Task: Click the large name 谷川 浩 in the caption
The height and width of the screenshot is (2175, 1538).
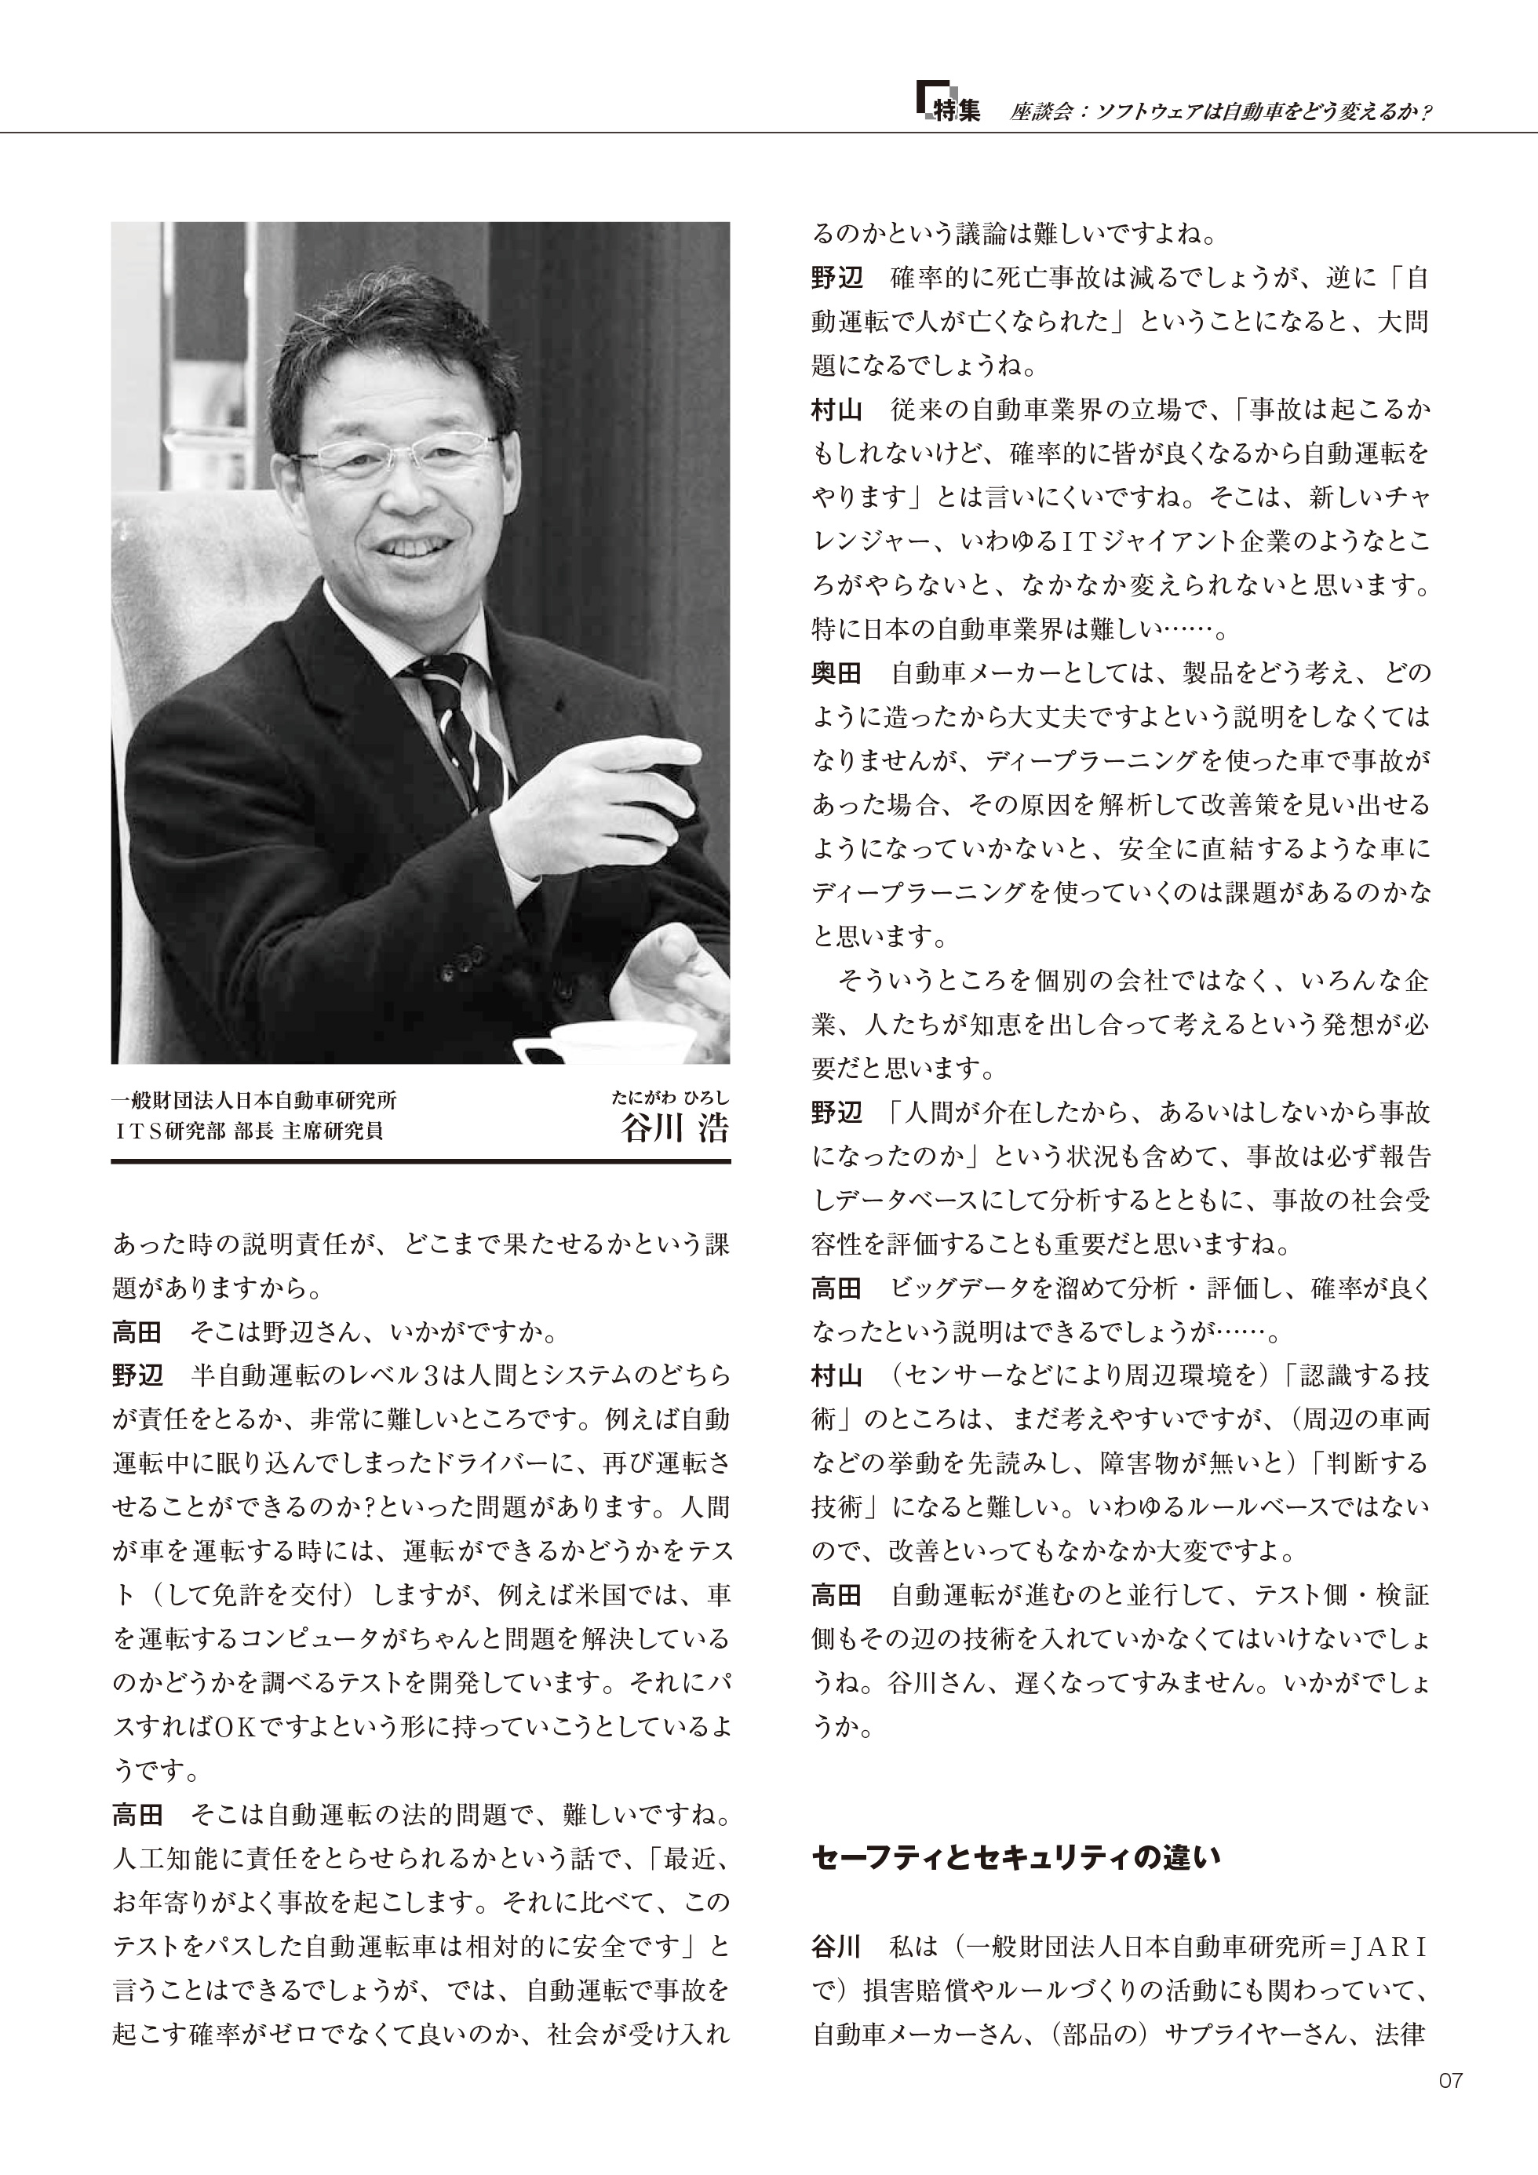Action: pos(675,1129)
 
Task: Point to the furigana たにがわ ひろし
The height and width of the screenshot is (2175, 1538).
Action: pos(670,1098)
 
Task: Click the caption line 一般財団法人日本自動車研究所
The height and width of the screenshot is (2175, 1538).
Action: pos(254,1101)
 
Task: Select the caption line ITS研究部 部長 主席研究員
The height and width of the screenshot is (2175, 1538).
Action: pos(247,1131)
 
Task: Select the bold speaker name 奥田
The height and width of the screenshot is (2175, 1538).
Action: pos(836,673)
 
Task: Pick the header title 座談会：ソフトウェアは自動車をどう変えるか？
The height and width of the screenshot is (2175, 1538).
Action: pos(1219,111)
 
